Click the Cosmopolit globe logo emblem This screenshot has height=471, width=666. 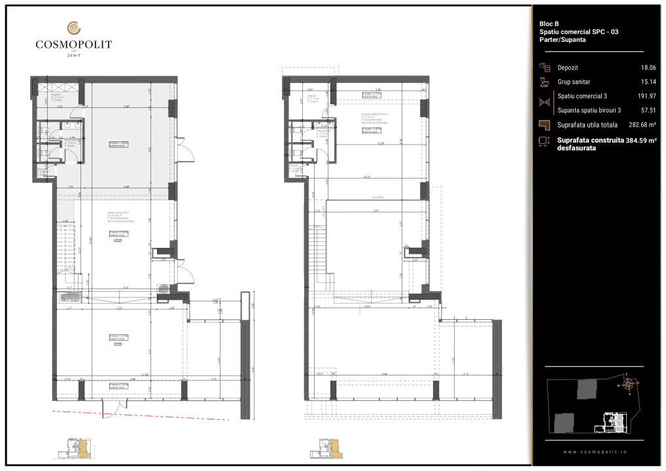pos(73,28)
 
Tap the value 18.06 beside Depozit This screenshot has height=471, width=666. pos(648,67)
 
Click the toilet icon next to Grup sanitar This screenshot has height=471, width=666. pos(544,82)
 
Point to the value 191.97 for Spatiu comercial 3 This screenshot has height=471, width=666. pos(646,96)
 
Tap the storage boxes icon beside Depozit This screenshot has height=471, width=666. pos(544,67)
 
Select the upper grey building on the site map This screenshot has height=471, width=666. pos(586,391)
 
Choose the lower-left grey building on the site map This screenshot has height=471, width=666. pos(563,423)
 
